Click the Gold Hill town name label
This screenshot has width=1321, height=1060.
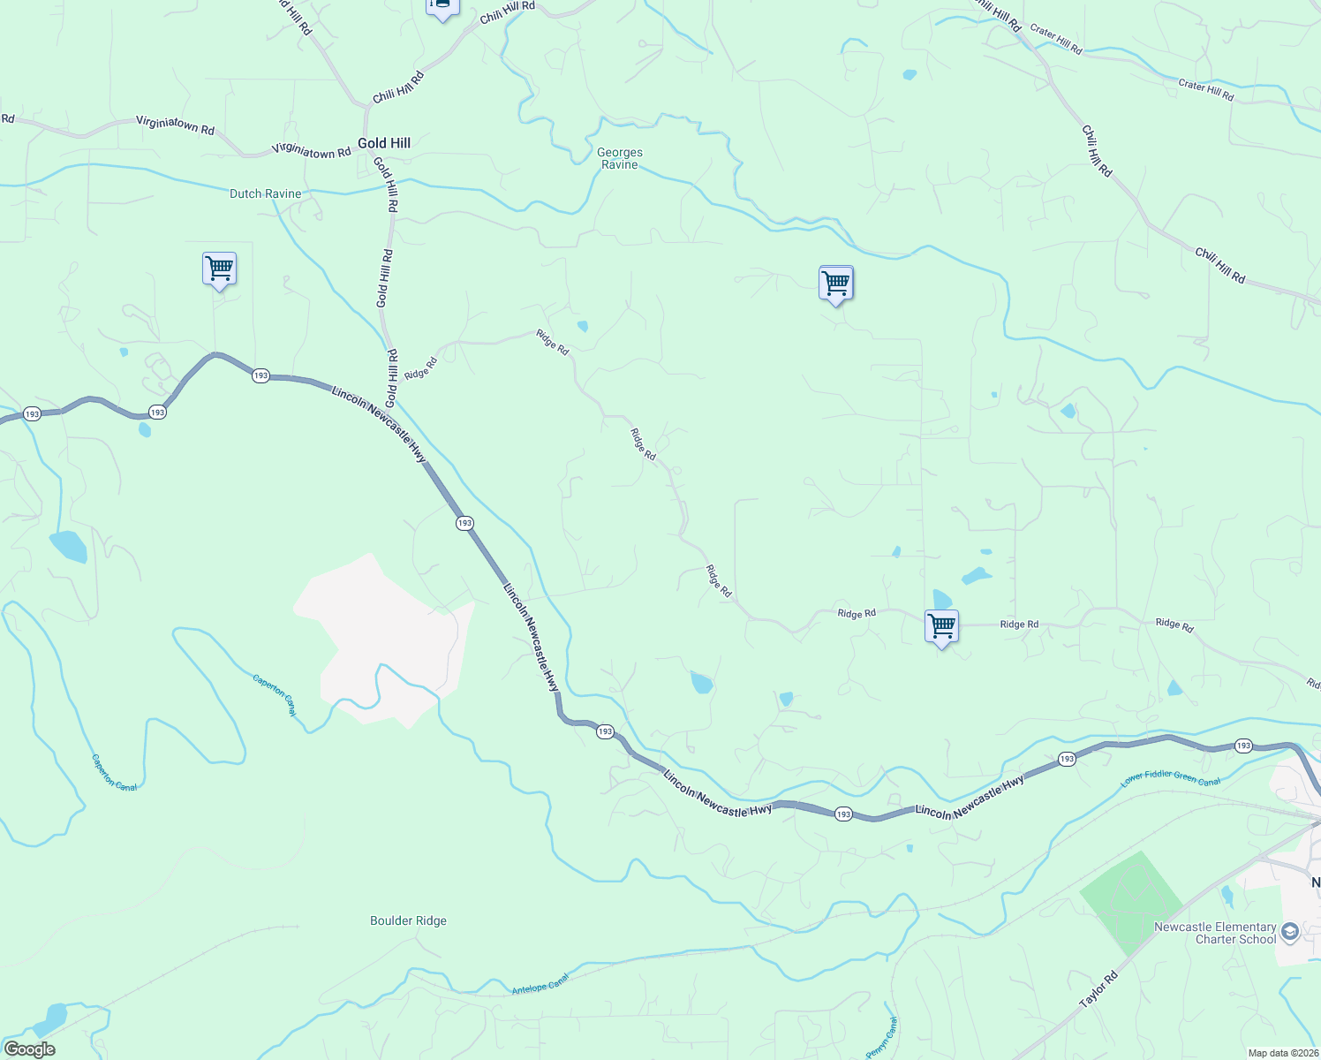click(384, 143)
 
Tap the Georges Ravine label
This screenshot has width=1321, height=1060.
click(620, 158)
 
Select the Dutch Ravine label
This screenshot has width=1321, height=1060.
click(265, 193)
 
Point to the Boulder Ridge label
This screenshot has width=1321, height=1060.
click(408, 920)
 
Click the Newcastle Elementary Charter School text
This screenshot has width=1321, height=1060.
click(1215, 933)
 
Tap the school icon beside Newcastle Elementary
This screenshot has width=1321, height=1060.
click(1290, 932)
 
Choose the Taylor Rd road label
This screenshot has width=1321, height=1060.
click(1098, 990)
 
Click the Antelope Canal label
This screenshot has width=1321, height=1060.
click(540, 984)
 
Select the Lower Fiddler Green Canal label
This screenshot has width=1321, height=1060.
click(1171, 779)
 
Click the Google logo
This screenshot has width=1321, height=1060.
click(30, 1049)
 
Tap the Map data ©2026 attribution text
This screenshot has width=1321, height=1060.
click(1282, 1053)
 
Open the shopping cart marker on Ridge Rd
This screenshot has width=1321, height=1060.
click(942, 626)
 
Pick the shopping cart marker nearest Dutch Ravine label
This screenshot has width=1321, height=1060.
click(219, 268)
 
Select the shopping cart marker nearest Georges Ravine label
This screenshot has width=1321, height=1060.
click(835, 283)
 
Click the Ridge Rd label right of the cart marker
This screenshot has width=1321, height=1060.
click(1019, 625)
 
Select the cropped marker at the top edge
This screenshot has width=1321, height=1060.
click(442, 8)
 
